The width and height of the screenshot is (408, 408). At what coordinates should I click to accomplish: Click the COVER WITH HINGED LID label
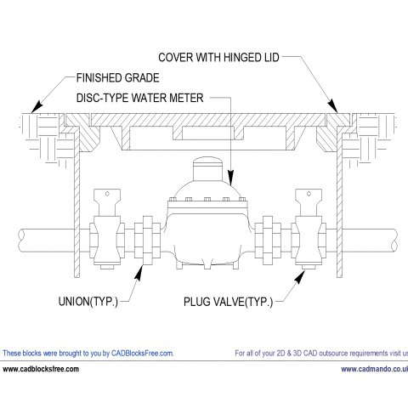click(x=218, y=57)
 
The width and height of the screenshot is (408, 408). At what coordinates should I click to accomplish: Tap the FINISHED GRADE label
click(x=118, y=78)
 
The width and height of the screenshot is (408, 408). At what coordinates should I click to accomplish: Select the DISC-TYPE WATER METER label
click(x=140, y=98)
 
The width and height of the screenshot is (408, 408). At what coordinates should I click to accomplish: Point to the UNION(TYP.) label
click(x=88, y=302)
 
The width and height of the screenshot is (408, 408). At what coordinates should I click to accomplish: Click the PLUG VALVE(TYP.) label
click(x=228, y=302)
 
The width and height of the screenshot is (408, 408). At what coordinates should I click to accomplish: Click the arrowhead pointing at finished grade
click(x=37, y=106)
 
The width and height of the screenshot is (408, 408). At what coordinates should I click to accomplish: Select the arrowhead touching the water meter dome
click(x=231, y=178)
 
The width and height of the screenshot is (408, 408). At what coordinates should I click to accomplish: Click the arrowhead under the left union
click(x=139, y=273)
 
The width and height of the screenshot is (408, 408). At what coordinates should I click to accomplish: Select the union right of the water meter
click(x=268, y=241)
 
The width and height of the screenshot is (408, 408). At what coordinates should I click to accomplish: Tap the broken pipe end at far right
click(x=396, y=241)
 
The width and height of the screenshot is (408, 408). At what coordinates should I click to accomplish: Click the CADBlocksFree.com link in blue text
click(x=142, y=354)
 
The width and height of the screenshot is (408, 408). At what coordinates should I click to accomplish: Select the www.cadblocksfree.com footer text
click(x=41, y=369)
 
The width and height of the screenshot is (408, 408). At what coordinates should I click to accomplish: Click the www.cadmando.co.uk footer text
click(x=374, y=369)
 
